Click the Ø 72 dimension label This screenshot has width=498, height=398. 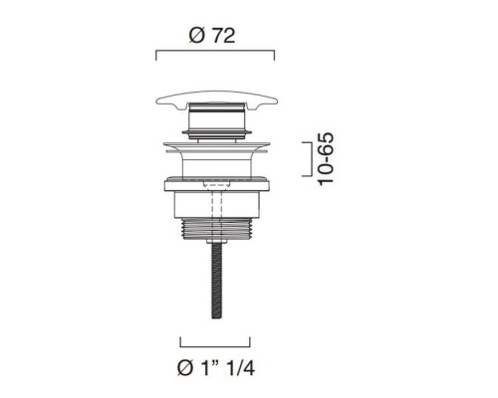point(212,36)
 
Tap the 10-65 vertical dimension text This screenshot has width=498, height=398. point(326,159)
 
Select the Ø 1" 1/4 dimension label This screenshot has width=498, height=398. point(216,367)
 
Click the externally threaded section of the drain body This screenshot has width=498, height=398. point(216,229)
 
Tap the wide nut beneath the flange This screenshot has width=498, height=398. point(216,185)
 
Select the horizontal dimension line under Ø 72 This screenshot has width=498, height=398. point(215,51)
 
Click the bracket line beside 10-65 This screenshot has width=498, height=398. point(312,159)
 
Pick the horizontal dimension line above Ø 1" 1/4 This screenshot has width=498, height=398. point(215,346)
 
